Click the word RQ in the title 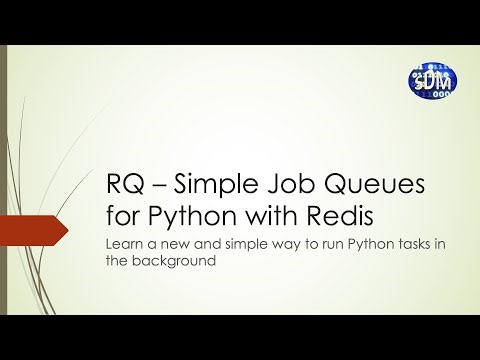[x=124, y=184]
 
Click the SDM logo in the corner [x=432, y=82]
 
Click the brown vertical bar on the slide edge [x=3, y=180]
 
